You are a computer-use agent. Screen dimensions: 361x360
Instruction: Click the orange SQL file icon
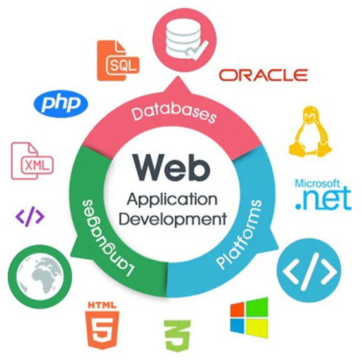pos(118,61)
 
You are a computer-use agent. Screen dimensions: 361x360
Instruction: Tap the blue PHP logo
pos(61,104)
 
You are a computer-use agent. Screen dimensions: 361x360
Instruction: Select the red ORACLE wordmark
pos(263,75)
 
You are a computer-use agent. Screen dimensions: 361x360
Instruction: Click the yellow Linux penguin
pos(311,132)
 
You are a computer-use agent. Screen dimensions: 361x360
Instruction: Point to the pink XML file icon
pos(32,161)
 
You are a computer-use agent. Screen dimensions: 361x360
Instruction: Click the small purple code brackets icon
pos(30,217)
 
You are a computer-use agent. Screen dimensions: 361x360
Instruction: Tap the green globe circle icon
pos(40,277)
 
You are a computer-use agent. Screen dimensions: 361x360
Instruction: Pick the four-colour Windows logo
pos(249,318)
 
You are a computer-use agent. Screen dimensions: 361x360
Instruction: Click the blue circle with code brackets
pos(309,271)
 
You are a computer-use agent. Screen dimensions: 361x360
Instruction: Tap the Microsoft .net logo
pos(323,195)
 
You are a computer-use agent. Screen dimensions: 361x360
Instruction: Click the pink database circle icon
pos(184,39)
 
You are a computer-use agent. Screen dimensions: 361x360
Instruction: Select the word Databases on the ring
pos(174,114)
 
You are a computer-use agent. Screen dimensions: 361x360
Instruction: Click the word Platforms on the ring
pos(239,234)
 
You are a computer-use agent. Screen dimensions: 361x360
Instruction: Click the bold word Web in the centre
pos(172,167)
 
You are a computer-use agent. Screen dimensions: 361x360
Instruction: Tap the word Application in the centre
pos(172,200)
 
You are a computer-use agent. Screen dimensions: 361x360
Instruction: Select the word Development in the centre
pos(173,219)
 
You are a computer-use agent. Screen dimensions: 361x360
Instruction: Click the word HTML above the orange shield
pos(102,305)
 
